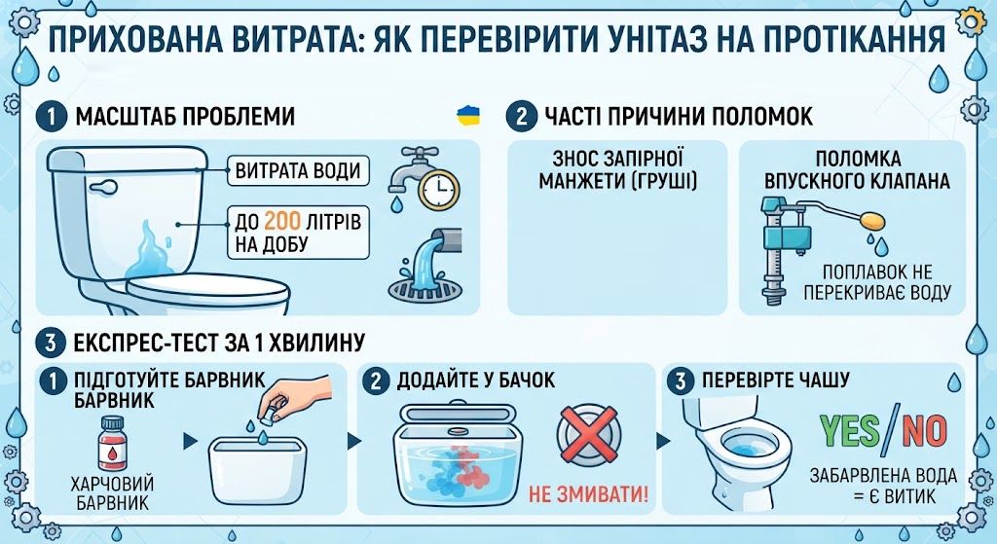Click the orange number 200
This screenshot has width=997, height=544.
(x=282, y=221)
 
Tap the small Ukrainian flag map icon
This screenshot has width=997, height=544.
(x=468, y=116)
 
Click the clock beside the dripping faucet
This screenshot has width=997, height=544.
(x=439, y=189)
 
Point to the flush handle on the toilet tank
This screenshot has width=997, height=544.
(x=103, y=188)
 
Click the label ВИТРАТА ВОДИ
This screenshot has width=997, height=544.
(x=298, y=171)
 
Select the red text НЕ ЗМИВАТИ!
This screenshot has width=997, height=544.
(x=589, y=494)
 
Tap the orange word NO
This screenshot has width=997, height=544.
(x=924, y=430)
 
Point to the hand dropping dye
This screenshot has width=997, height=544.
(x=298, y=394)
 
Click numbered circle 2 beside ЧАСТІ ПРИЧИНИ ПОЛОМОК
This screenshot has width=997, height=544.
(x=522, y=117)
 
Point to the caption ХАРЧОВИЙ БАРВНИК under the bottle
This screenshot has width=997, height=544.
(x=112, y=493)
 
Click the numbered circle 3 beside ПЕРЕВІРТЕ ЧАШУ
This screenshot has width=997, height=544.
(x=681, y=381)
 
